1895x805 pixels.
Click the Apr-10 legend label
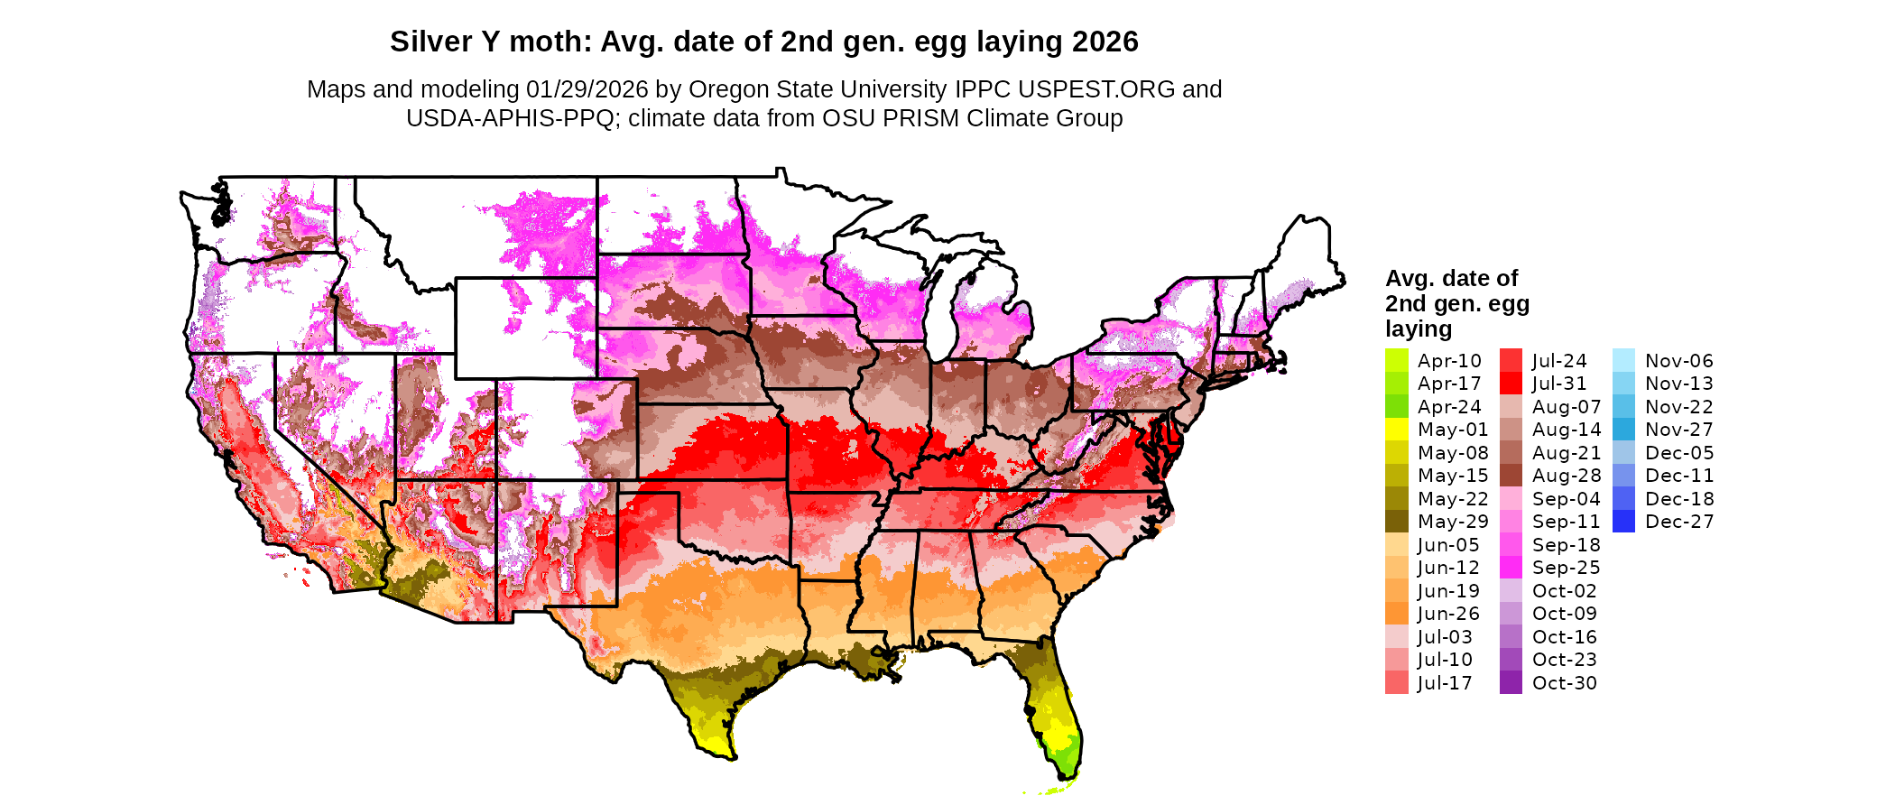(x=1449, y=361)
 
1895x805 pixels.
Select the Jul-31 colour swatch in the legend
(x=1511, y=384)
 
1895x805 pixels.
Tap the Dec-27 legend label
(x=1678, y=522)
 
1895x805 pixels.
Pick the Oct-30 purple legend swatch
(x=1511, y=683)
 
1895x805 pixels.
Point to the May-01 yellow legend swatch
(x=1396, y=430)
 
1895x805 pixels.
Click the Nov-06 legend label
(x=1678, y=361)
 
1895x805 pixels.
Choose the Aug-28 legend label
(x=1566, y=476)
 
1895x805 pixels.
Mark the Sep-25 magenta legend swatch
(x=1511, y=568)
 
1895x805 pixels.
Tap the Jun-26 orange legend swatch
(x=1396, y=614)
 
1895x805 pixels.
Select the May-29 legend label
(x=1452, y=522)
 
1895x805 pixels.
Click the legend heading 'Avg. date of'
(x=1451, y=278)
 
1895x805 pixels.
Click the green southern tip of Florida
(x=1066, y=756)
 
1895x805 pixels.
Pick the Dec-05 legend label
(x=1678, y=453)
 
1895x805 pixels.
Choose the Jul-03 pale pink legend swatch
(x=1396, y=637)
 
